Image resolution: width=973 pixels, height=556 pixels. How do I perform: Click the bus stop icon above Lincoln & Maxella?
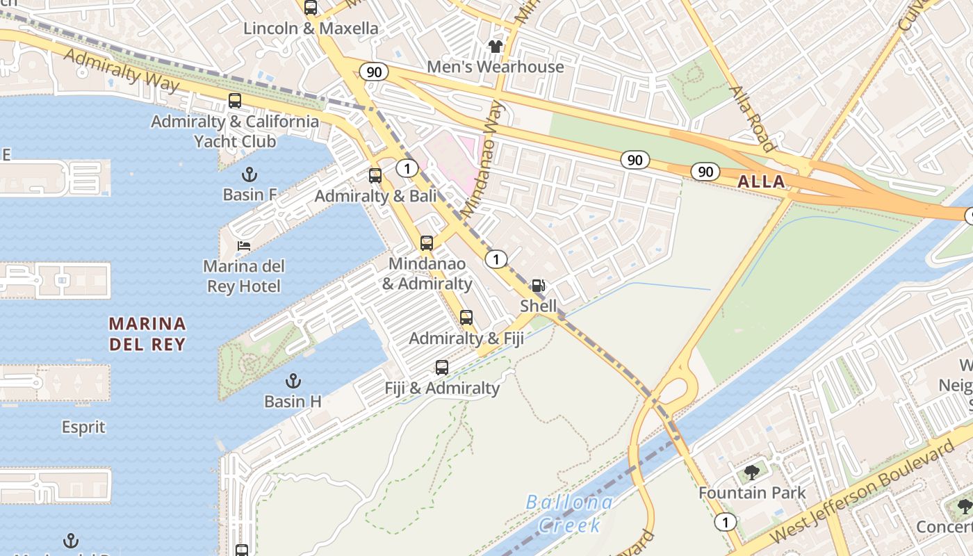point(311,8)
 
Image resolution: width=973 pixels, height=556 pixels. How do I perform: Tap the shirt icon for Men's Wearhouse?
point(495,47)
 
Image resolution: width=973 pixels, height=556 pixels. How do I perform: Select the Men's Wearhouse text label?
point(495,67)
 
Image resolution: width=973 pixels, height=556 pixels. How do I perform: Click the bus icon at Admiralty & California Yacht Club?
point(235,101)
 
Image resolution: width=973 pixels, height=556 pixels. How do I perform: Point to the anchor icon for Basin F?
point(249,174)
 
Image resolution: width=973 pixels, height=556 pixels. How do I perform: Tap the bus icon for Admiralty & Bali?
point(375,176)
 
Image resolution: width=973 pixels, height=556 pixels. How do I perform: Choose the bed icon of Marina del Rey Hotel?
point(243,246)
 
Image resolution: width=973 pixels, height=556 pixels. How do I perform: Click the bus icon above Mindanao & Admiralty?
point(427,243)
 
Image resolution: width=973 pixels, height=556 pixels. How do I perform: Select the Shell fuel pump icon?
point(539,286)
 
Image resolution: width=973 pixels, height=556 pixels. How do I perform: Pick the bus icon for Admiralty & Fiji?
point(466,318)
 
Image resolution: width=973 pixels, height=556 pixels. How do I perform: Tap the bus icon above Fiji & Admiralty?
point(442,368)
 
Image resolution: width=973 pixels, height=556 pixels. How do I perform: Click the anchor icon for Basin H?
point(293,381)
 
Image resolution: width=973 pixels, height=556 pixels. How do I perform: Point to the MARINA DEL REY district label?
point(147,334)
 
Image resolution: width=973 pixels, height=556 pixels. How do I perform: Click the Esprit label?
point(83,427)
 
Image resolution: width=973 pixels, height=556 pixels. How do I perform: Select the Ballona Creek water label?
point(570,514)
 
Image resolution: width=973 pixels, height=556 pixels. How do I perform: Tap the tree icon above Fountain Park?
point(752,473)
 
